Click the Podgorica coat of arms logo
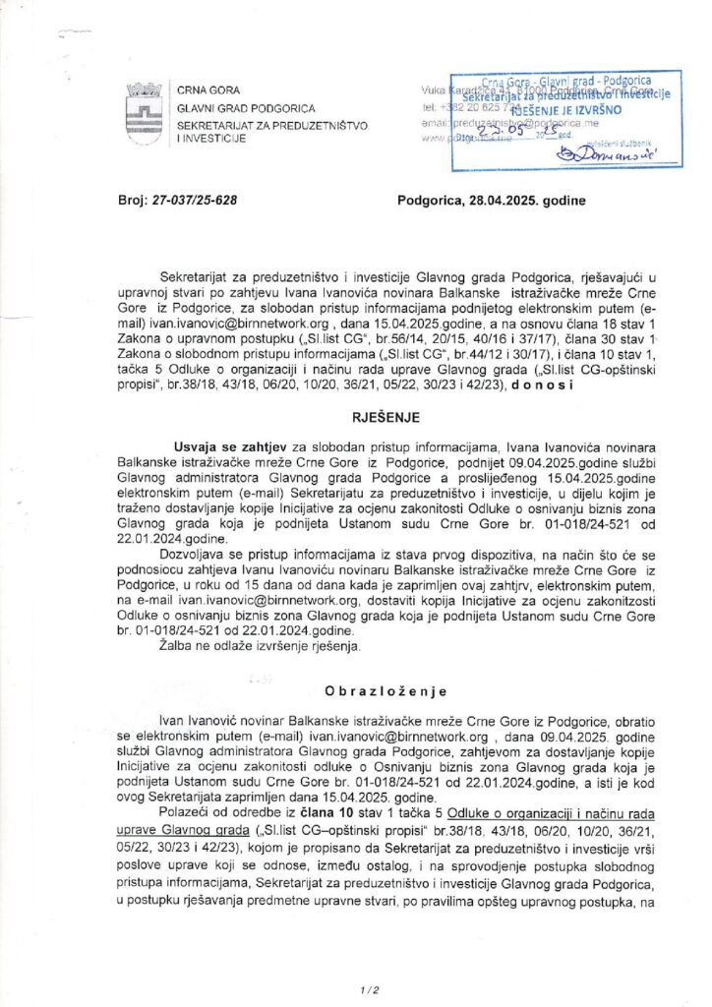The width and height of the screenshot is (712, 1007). click(x=144, y=108)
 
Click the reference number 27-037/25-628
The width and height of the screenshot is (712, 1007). click(x=196, y=202)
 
